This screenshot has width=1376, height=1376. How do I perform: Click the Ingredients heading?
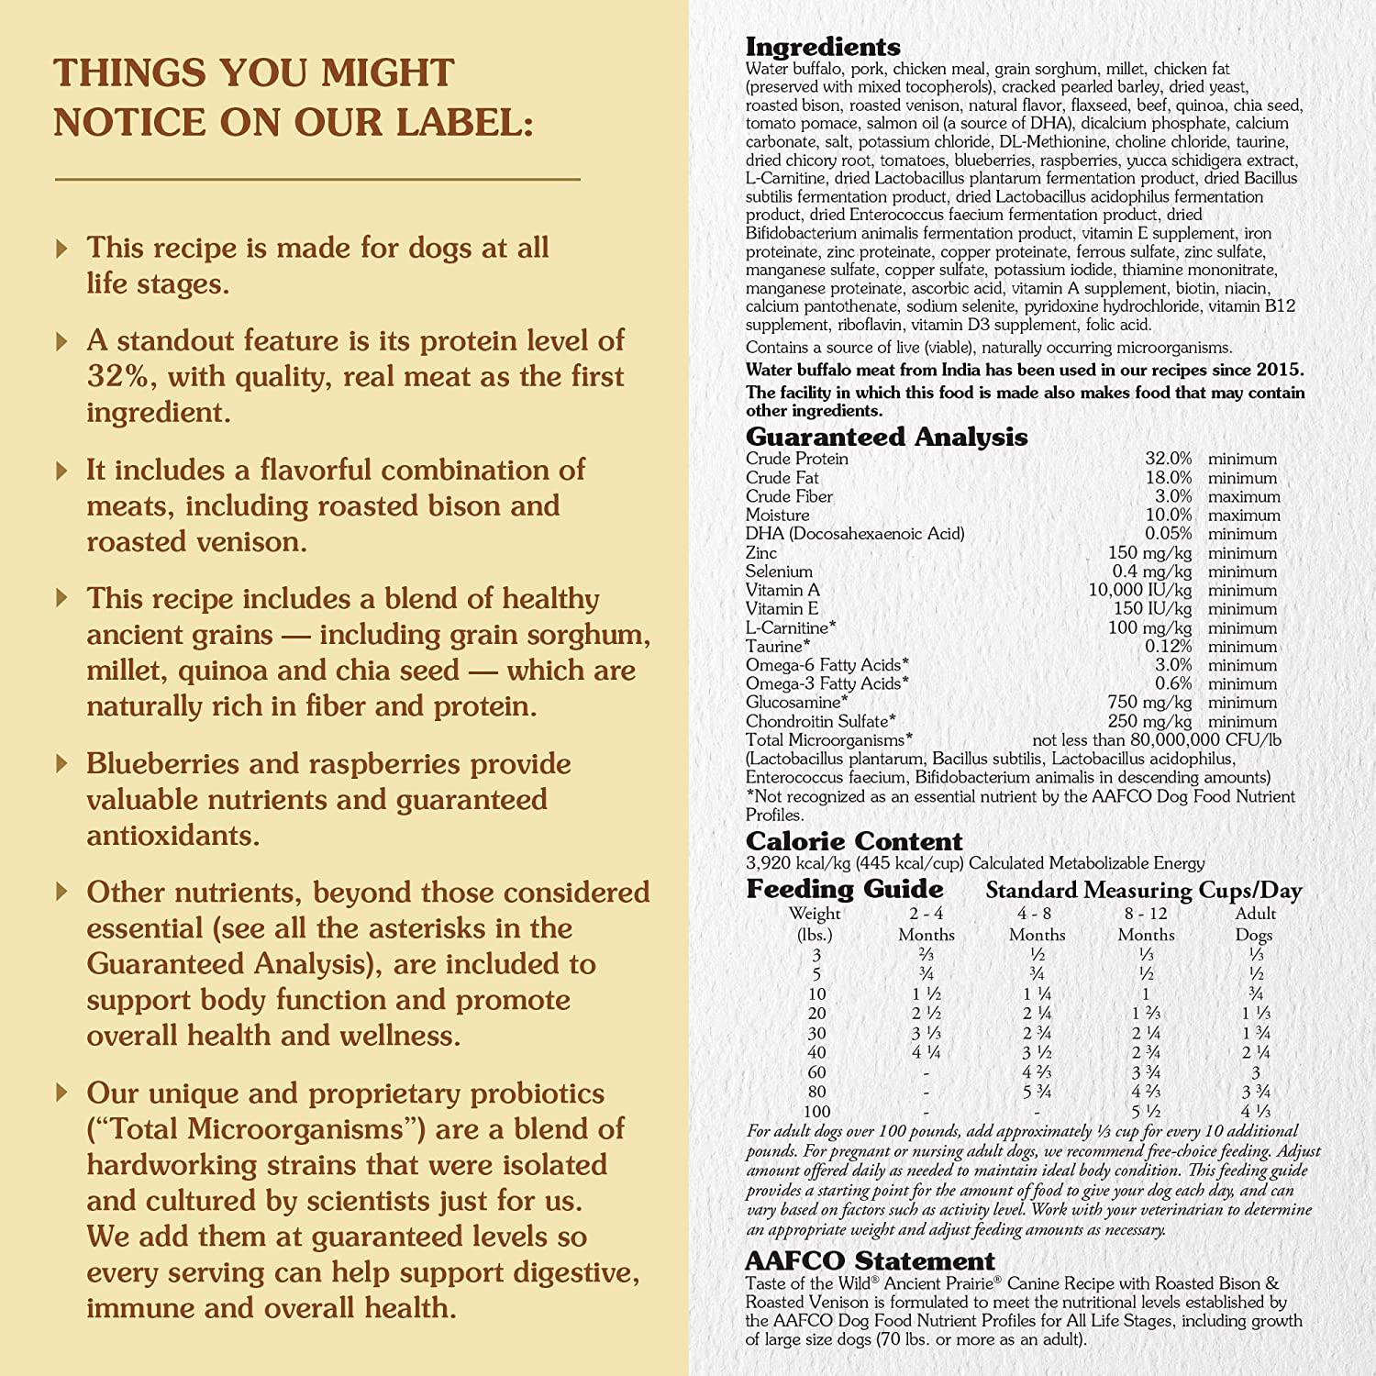pyautogui.click(x=823, y=47)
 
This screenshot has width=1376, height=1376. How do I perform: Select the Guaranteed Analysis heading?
pyautogui.click(x=886, y=437)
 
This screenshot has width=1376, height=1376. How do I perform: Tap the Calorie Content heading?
pyautogui.click(x=854, y=841)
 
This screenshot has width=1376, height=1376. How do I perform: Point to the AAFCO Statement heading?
pyautogui.click(x=870, y=1261)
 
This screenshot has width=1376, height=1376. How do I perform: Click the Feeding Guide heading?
pyautogui.click(x=844, y=889)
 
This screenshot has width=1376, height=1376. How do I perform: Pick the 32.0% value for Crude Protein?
pyautogui.click(x=1168, y=459)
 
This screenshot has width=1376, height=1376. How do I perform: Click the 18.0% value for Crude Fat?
pyautogui.click(x=1168, y=478)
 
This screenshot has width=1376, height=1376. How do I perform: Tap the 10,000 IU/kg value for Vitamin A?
pyautogui.click(x=1140, y=590)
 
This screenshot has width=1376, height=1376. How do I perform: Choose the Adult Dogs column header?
pyautogui.click(x=1255, y=924)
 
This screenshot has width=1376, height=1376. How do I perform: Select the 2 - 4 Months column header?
pyautogui.click(x=927, y=924)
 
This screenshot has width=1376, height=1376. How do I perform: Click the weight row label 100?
pyautogui.click(x=816, y=1112)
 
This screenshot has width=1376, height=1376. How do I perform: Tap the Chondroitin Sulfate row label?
pyautogui.click(x=820, y=722)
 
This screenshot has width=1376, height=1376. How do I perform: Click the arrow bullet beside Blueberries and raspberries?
pyautogui.click(x=61, y=763)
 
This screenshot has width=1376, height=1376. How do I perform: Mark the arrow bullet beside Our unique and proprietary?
pyautogui.click(x=61, y=1093)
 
